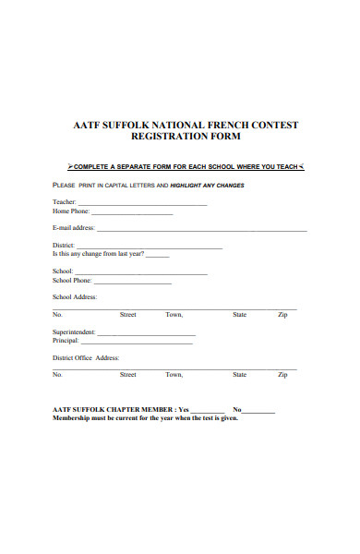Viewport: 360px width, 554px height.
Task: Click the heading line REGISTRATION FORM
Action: click(179, 136)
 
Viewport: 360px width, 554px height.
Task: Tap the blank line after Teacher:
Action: click(142, 203)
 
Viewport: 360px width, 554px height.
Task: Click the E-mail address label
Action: click(74, 227)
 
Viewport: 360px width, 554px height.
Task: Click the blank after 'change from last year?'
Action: click(158, 254)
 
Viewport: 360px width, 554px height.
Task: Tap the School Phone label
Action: click(72, 280)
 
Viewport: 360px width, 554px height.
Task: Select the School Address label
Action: click(75, 296)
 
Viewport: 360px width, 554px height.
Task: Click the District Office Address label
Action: click(86, 357)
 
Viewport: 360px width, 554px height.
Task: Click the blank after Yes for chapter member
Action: click(208, 409)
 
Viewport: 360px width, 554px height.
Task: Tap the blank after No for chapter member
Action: click(259, 409)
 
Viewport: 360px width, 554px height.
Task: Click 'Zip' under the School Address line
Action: click(282, 315)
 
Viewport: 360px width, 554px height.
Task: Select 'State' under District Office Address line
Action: click(240, 375)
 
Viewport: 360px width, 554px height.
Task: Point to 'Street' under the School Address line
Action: click(127, 315)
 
